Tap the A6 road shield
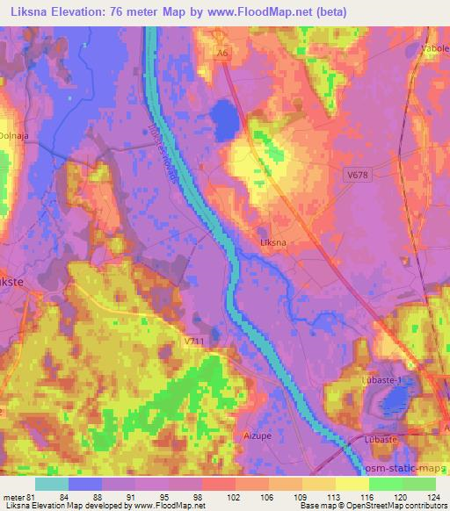(x=223, y=54)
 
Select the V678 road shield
(x=356, y=176)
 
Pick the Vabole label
(x=435, y=49)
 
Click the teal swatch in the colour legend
(x=52, y=483)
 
